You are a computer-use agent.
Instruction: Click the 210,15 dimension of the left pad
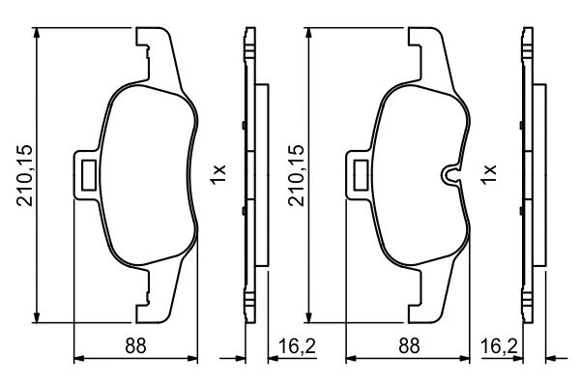pos(25,175)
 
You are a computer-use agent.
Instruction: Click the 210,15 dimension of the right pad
pos(297,175)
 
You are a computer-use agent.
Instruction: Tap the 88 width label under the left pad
pos(135,346)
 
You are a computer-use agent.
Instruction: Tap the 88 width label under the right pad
pos(409,346)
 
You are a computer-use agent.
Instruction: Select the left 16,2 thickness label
pos(297,346)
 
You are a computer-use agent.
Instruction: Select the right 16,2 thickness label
pos(499,346)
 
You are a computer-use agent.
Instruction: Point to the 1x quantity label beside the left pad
pos(217,174)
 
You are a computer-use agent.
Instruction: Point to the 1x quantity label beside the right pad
pos(488,174)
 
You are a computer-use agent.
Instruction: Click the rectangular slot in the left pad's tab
pos(89,175)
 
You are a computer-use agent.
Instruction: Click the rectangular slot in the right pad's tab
pos(361,175)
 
